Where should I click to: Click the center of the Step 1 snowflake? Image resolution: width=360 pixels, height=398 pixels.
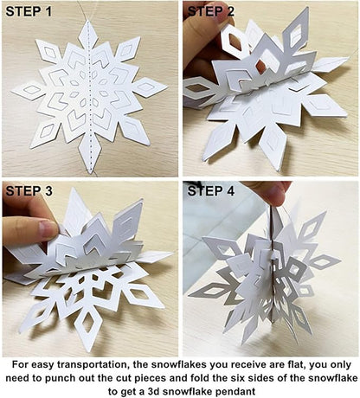[x=90, y=91]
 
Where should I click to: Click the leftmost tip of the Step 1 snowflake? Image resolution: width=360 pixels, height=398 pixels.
[x=12, y=89]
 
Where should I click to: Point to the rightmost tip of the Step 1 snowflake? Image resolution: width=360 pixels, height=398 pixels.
[x=167, y=87]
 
